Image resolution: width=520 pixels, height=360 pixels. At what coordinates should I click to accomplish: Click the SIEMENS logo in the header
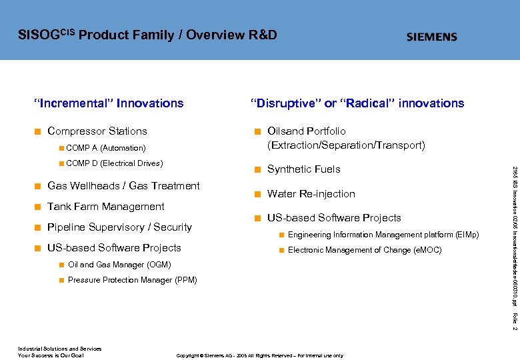[432, 37]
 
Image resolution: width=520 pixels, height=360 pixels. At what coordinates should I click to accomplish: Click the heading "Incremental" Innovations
[109, 103]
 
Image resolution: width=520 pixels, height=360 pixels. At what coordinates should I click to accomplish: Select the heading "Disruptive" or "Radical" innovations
[357, 103]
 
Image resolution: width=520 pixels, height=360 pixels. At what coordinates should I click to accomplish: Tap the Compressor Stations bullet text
[97, 131]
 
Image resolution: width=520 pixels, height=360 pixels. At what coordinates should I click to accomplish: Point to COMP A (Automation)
[106, 148]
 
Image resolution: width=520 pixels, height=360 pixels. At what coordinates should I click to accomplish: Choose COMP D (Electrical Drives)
[115, 163]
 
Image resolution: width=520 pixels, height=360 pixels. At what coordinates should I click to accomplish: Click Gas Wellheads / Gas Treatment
[123, 186]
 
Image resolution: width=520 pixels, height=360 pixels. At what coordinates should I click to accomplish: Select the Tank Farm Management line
[105, 207]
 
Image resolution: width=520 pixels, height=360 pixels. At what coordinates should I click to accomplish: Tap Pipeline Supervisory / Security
[119, 227]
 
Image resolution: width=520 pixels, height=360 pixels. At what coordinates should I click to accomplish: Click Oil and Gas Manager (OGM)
[119, 265]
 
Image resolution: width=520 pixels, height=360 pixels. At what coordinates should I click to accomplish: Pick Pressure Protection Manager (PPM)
[133, 280]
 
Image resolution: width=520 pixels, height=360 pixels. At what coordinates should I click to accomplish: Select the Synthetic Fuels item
[303, 169]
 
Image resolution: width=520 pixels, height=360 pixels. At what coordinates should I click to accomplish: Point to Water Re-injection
[311, 194]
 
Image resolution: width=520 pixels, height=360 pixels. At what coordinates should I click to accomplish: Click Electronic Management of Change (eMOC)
[364, 250]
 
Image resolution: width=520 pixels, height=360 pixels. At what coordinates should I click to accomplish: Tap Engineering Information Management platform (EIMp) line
[383, 235]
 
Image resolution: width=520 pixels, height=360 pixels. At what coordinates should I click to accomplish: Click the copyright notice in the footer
[259, 356]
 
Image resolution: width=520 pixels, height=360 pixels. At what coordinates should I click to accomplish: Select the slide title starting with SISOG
[147, 35]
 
